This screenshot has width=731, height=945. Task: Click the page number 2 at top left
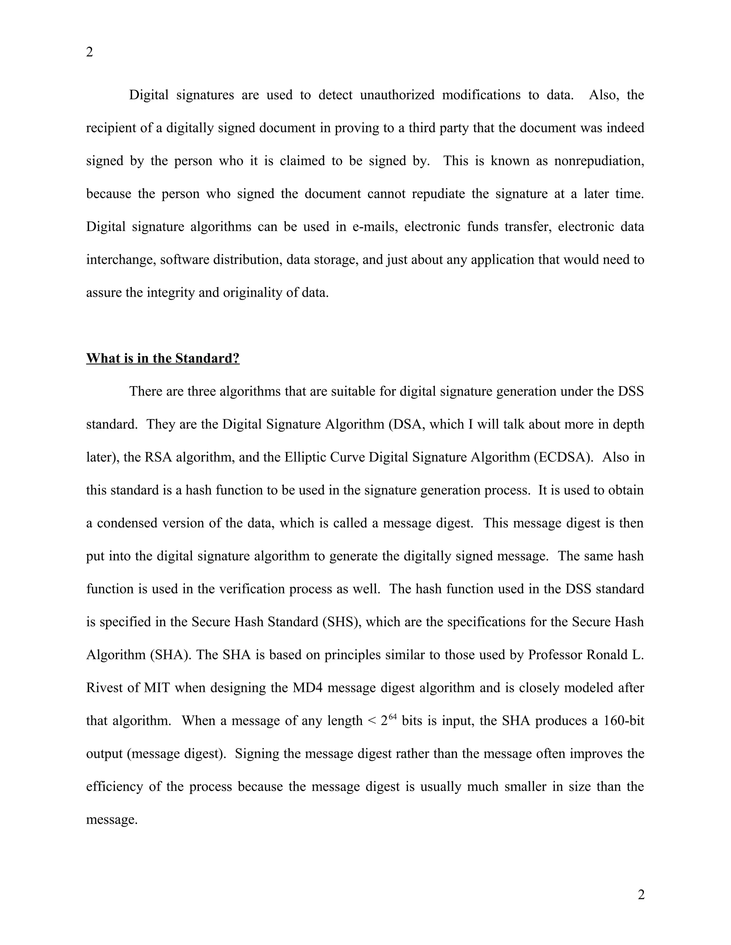[90, 52]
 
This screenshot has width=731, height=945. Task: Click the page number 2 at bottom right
[641, 894]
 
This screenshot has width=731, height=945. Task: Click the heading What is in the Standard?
[163, 358]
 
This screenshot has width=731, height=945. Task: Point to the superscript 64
[392, 717]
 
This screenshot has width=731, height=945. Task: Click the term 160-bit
[624, 721]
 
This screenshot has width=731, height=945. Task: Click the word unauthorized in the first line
[397, 95]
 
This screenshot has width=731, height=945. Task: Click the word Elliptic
[305, 458]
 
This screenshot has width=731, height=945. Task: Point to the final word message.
[111, 820]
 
